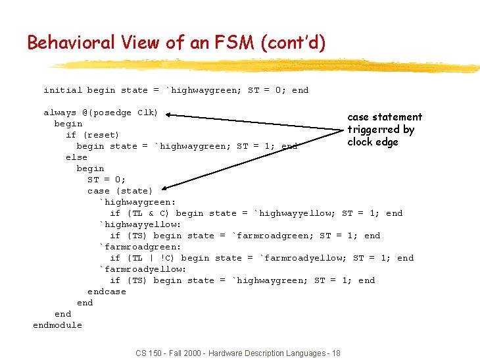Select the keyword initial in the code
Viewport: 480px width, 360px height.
point(62,90)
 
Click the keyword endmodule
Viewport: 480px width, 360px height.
point(57,325)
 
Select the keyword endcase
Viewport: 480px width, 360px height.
point(107,292)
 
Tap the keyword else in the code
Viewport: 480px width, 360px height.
point(76,157)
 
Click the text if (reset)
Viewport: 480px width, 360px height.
point(93,135)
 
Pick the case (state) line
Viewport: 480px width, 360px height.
point(120,191)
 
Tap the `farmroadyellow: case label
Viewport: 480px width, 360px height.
point(142,269)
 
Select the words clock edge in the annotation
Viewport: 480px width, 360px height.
point(373,142)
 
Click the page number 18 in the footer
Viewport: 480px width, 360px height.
point(336,353)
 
